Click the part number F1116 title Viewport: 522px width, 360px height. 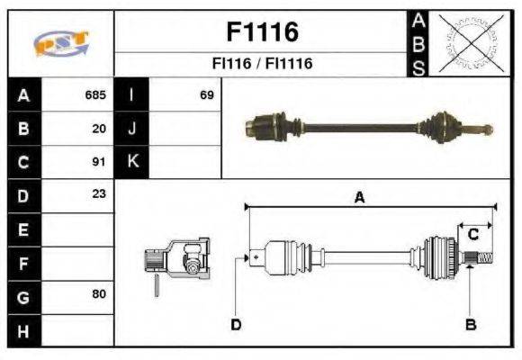point(261,32)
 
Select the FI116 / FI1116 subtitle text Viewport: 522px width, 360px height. point(261,65)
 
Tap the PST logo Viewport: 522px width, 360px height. point(60,43)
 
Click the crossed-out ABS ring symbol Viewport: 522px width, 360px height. point(468,43)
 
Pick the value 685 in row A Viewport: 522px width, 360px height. point(95,94)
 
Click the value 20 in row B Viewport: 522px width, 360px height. point(99,129)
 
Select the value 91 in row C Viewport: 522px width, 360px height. point(99,162)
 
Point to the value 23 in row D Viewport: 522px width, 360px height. point(99,195)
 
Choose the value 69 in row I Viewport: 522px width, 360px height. point(206,94)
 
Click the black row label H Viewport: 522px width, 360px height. point(22,330)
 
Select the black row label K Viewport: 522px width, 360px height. point(132,162)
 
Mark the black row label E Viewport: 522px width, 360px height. point(22,229)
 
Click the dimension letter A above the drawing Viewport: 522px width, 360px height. point(358,199)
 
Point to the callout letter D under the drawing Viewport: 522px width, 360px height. point(236,324)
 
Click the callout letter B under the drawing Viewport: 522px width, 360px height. point(470,324)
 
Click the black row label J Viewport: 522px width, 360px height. point(132,129)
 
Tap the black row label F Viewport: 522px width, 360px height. point(22,263)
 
